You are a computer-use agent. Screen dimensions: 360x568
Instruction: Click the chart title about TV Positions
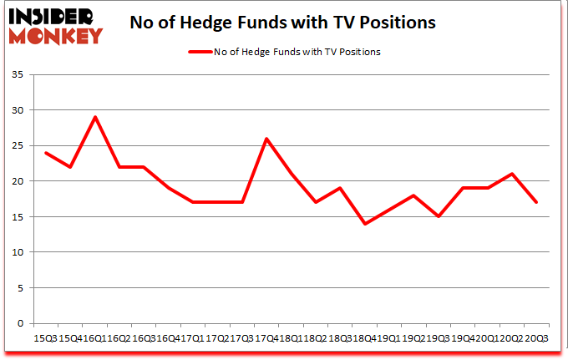coord(283,23)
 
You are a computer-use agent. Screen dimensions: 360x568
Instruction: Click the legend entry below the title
coord(284,52)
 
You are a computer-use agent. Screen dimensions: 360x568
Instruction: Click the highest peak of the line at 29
coord(95,117)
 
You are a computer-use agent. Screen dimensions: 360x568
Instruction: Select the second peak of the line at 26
coord(266,139)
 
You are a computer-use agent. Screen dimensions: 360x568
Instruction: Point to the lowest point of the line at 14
coord(364,224)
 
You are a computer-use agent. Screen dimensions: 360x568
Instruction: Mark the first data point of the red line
coord(46,153)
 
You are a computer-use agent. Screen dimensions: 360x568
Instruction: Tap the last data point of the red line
coord(535,202)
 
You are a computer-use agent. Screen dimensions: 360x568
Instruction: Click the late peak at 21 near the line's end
coord(511,174)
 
